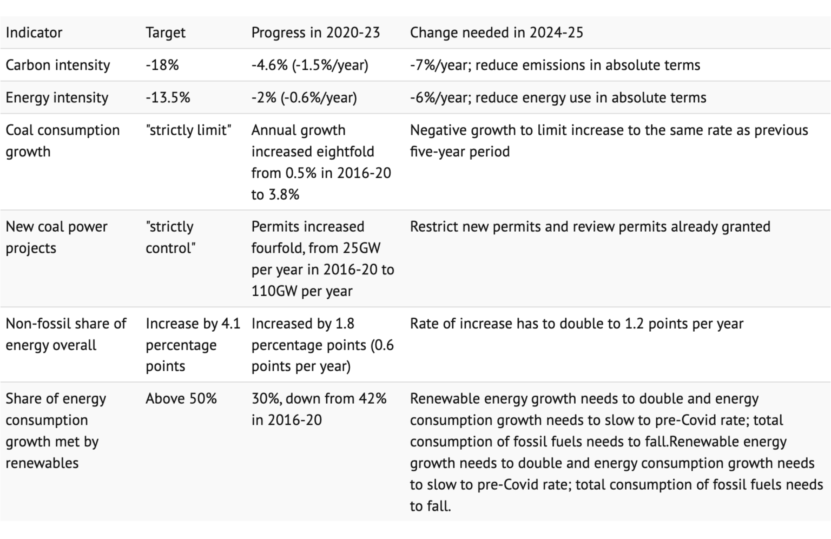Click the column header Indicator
pos(34,33)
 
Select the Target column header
pos(165,33)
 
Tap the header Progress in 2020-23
pos(315,33)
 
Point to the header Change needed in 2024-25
pos(496,33)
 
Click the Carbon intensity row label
pos(58,65)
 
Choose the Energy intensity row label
pos(57,98)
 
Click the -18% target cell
pos(162,65)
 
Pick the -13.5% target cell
pos(168,98)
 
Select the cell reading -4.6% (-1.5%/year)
pos(309,65)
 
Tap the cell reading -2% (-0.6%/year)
pos(304,98)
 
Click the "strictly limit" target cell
pos(188,130)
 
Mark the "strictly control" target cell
pos(170,237)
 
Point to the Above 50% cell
pos(181,399)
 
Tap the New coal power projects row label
pos(56,237)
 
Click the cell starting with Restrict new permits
pos(590,227)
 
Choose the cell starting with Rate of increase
pos(576,324)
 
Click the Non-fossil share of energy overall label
pos(65,334)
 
